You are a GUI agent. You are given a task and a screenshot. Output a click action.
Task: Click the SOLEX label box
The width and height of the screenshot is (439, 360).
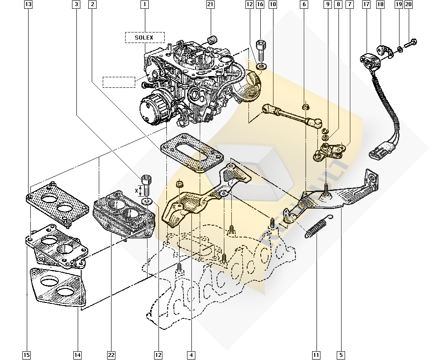tap(144, 38)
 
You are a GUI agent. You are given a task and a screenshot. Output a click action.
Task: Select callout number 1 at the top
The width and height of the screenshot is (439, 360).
tap(144, 5)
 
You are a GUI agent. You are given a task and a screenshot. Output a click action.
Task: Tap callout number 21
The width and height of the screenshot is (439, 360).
tap(210, 5)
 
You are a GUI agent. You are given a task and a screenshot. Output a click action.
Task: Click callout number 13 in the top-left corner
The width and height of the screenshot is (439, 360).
tap(28, 5)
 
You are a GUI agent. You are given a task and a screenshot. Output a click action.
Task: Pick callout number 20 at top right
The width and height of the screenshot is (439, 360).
tap(409, 5)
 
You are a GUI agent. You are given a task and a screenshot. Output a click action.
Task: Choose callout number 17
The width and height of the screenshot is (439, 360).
tap(366, 5)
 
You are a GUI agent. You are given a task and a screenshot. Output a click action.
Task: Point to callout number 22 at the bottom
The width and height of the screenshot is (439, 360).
tap(112, 354)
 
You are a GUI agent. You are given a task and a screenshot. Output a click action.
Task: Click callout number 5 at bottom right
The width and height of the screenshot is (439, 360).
tap(341, 354)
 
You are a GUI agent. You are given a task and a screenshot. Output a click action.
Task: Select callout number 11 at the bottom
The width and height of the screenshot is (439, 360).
tap(315, 354)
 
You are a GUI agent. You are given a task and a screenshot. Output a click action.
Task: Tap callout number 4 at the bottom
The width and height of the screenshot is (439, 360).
tap(191, 354)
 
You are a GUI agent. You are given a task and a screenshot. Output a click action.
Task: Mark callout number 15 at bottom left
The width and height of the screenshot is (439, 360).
tap(27, 354)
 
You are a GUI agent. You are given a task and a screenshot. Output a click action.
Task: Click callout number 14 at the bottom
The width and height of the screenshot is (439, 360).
tap(78, 354)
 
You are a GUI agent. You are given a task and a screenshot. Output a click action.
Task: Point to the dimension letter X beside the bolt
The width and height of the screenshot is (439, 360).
tap(137, 191)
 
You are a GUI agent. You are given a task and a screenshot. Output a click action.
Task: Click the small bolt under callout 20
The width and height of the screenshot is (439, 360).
tap(410, 43)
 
